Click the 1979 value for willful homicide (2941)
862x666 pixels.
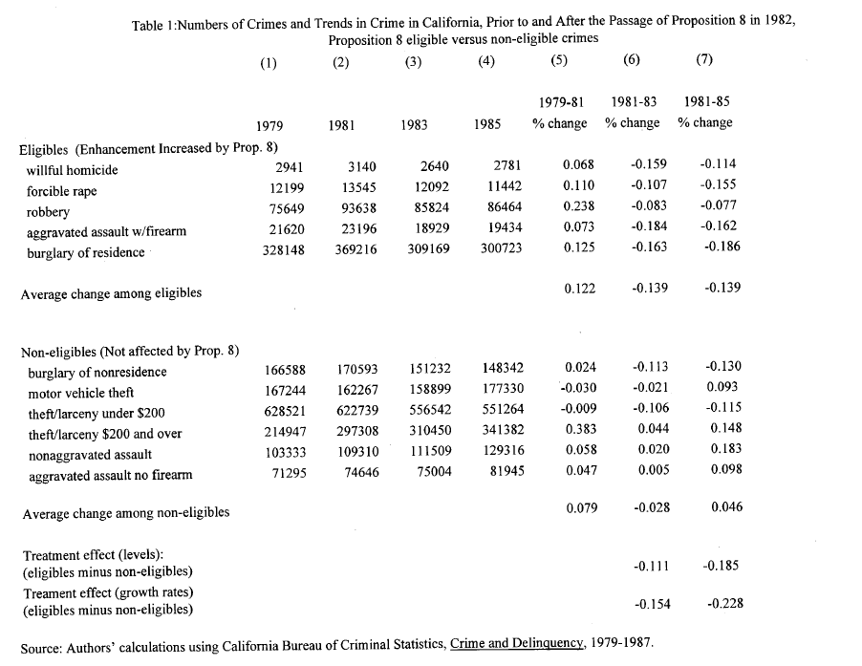tap(288, 170)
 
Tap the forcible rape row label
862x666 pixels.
tap(61, 191)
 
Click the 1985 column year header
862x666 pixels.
tap(487, 125)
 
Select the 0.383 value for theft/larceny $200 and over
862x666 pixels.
tap(580, 433)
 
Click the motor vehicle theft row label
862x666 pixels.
tap(80, 392)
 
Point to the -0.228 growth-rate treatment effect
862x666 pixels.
tap(723, 603)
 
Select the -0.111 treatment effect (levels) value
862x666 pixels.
tap(650, 566)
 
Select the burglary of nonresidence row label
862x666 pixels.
tap(97, 372)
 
